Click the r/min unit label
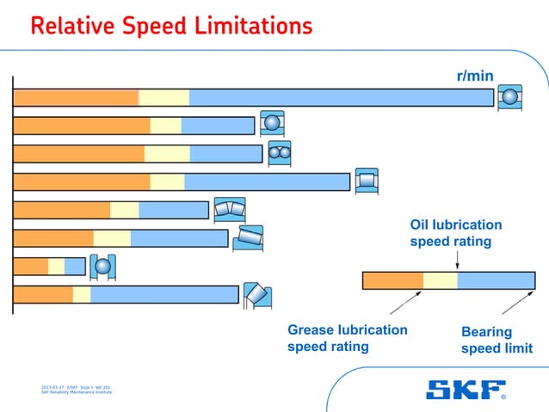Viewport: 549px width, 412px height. pos(474,77)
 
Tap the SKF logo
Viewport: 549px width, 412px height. pos(466,390)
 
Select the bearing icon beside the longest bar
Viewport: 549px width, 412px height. pos(510,97)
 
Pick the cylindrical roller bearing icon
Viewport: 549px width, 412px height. pos(367,181)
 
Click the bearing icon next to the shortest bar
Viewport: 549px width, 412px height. pos(102,266)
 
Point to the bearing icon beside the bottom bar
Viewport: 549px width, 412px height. pos(256,294)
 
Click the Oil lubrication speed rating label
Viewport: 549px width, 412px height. pos(455,233)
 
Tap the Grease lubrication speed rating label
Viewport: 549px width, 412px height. pos(347,338)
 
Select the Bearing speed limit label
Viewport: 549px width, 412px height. pos(497,340)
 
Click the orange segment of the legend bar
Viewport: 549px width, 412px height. pos(393,280)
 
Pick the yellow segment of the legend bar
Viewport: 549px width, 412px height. pos(440,280)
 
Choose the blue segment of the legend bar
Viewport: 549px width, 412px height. pos(496,280)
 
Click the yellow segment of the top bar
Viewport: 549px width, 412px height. pos(163,97)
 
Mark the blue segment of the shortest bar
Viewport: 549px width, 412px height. pos(75,266)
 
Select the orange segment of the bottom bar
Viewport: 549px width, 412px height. pos(43,294)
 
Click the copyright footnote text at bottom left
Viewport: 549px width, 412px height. pos(76,390)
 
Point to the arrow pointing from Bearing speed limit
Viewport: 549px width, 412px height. pos(517,304)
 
